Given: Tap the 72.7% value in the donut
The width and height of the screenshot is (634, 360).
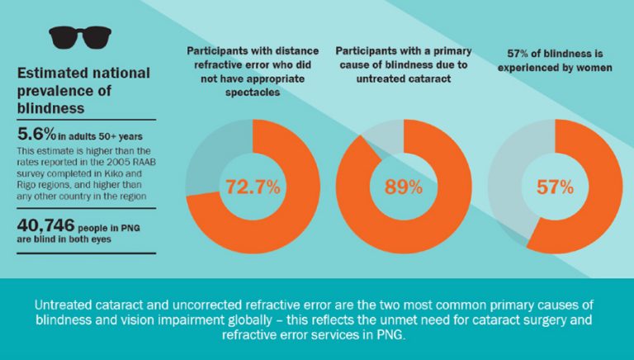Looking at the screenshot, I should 252,187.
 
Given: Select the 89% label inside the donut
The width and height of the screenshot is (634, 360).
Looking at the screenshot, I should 404,187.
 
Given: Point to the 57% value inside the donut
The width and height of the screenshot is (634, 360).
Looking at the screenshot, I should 555,187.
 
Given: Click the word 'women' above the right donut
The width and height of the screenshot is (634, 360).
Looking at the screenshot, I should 592,68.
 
